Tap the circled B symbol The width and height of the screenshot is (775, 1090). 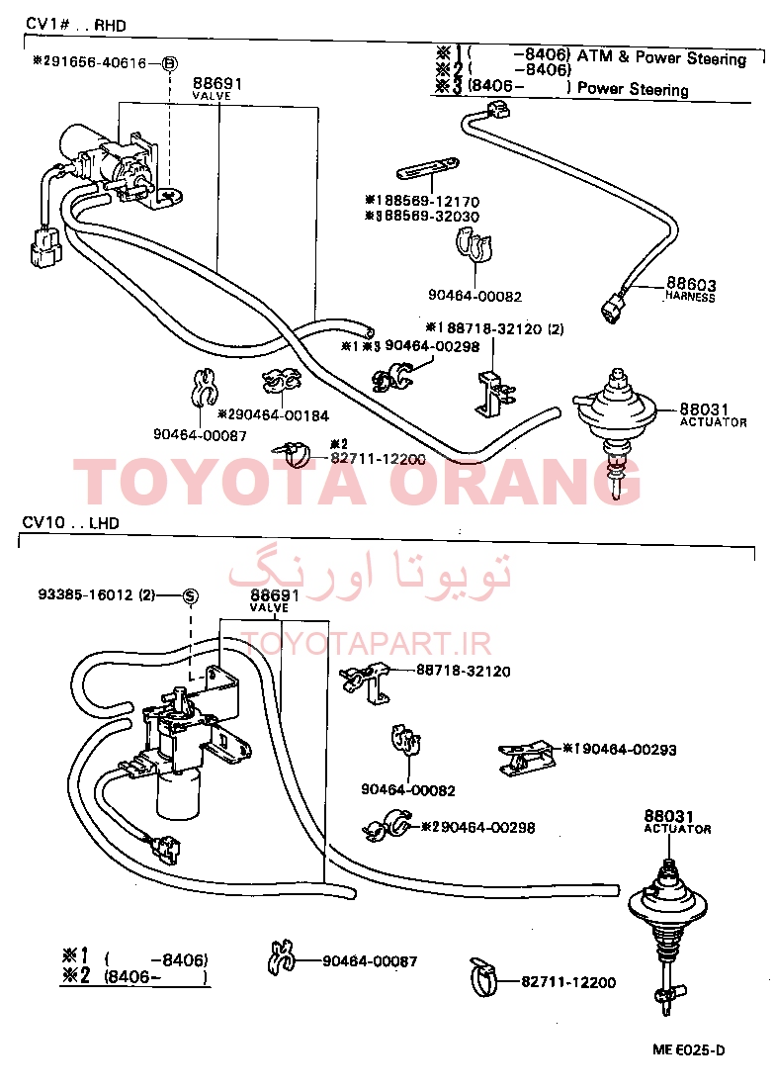coord(169,64)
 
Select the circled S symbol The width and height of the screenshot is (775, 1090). coord(190,595)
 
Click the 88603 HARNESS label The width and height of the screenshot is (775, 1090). coord(690,289)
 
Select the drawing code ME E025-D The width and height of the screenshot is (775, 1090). coord(688,1049)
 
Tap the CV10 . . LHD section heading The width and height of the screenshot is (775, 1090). coord(71,523)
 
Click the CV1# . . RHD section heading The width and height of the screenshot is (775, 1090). coord(76,25)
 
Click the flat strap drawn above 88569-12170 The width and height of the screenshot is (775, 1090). coord(428,169)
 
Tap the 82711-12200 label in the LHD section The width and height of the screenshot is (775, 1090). coord(568,982)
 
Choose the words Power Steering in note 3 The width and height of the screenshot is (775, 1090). coord(633,89)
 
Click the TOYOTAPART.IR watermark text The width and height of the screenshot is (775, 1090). coord(367,644)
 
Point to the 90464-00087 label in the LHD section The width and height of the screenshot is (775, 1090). coord(370,961)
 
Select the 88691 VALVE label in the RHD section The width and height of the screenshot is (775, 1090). coord(216,88)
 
